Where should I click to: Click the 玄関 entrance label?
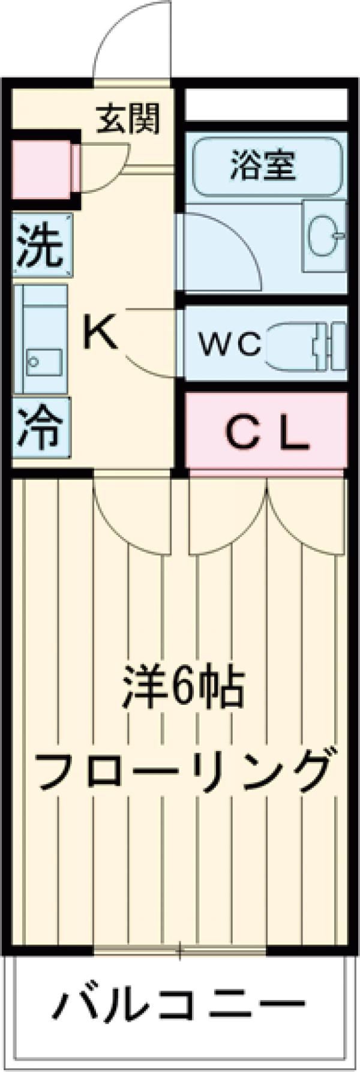click(129, 118)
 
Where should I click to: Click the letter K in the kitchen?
click(100, 334)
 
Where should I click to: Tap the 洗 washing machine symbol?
click(40, 247)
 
